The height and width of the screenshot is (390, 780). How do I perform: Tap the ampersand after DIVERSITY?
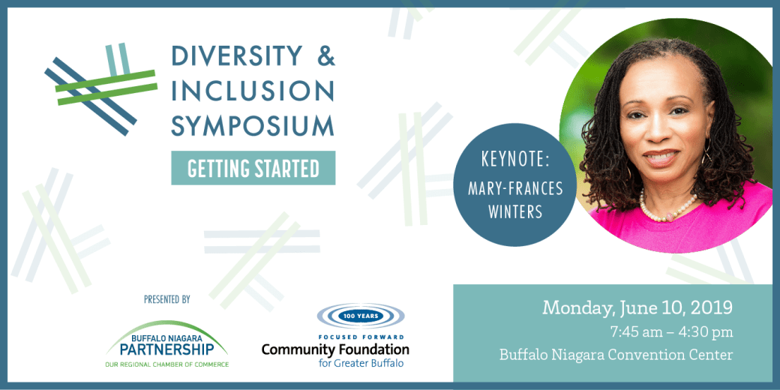[324, 55]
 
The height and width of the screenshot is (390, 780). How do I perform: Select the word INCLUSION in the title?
[253, 91]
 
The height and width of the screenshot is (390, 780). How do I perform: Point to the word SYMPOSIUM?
[253, 125]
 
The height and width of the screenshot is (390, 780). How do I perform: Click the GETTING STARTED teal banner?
[253, 168]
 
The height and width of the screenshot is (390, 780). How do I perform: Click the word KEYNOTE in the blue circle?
[514, 161]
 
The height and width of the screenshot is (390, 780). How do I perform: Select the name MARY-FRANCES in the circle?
[514, 187]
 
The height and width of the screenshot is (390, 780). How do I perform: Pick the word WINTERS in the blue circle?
[514, 212]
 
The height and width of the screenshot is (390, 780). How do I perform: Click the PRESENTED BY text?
[166, 299]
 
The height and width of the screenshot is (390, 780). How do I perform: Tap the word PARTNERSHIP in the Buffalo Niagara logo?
[166, 350]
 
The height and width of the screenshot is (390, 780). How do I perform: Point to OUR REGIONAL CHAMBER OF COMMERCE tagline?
[166, 364]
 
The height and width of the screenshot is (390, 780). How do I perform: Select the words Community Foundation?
[335, 349]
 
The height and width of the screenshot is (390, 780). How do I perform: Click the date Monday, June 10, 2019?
[637, 307]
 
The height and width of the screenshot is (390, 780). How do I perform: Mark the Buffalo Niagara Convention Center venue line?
[616, 355]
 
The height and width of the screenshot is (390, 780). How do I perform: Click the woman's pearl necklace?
[664, 209]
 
